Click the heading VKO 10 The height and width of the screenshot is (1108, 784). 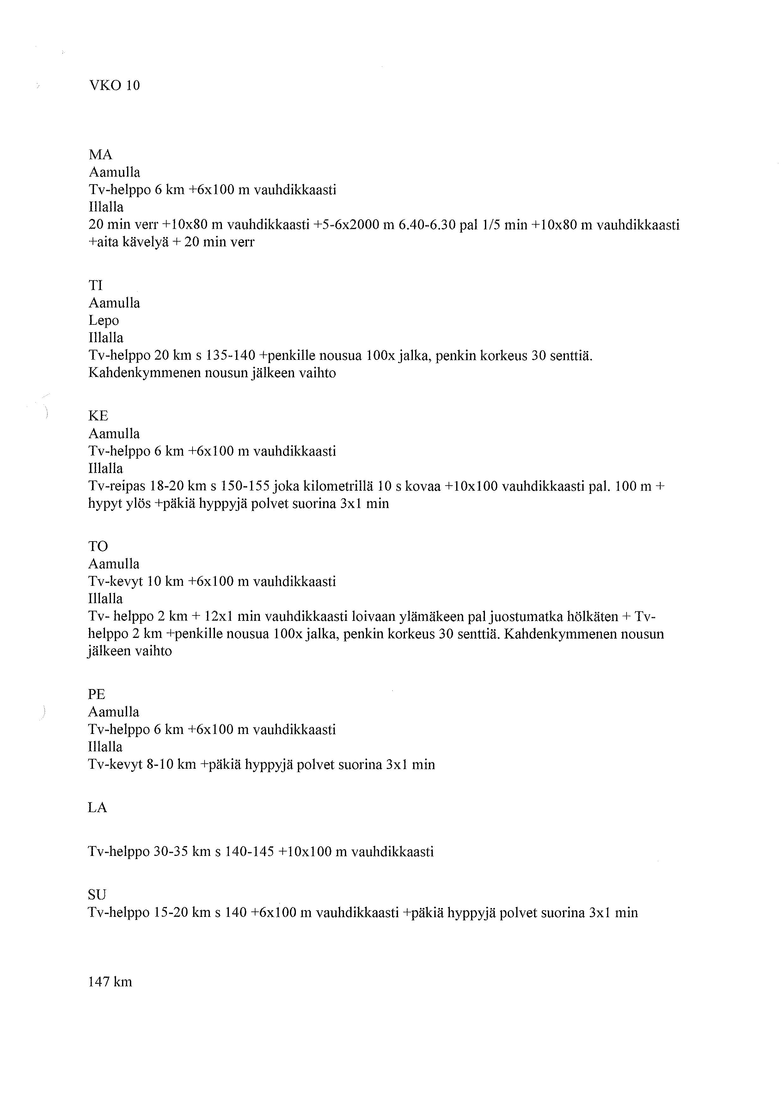(114, 86)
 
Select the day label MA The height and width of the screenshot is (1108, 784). (101, 155)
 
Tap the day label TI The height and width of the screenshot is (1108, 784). (95, 286)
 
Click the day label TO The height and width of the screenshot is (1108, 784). (98, 546)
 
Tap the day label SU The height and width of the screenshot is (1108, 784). (97, 895)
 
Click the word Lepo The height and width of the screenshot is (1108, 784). (103, 320)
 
